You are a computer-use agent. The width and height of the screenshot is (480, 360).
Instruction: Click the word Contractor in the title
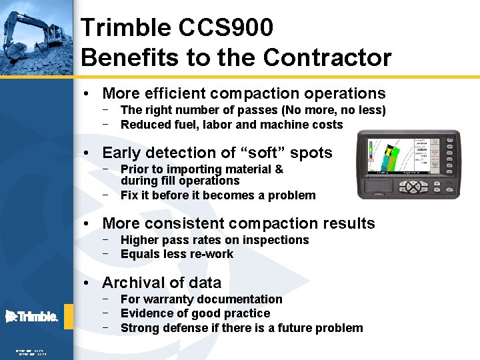click(327, 58)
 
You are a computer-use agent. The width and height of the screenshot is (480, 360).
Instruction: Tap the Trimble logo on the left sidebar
click(31, 317)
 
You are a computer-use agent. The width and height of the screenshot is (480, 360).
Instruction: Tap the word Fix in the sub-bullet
click(129, 195)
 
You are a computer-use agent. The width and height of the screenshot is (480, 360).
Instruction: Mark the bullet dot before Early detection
click(87, 153)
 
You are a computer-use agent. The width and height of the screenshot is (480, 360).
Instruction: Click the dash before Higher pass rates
click(106, 239)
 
